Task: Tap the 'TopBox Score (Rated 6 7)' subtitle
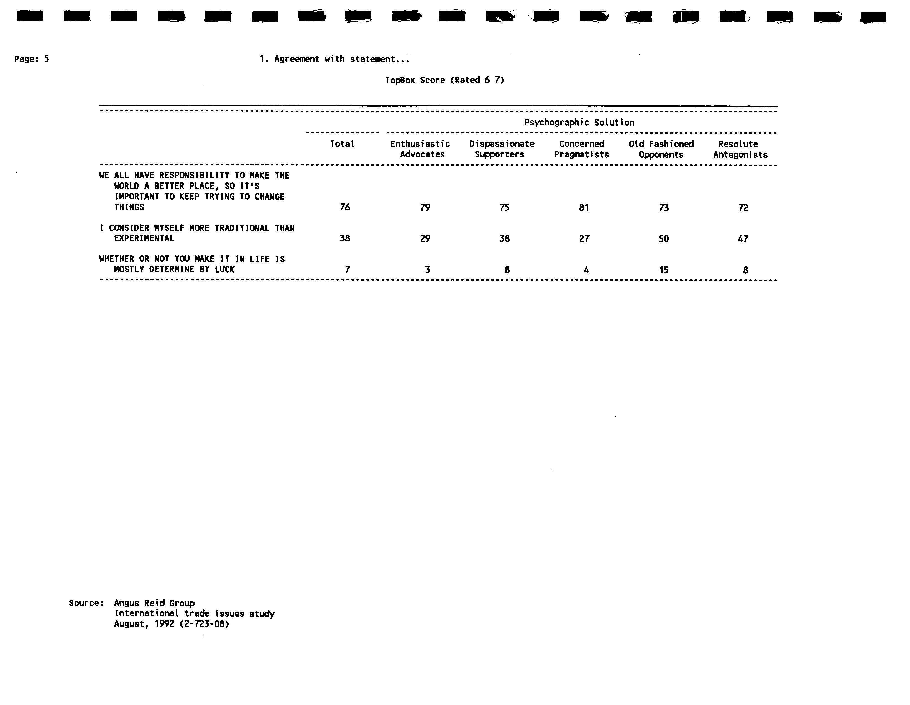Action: (x=444, y=80)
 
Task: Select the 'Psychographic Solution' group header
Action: (x=579, y=123)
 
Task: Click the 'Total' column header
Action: (x=342, y=144)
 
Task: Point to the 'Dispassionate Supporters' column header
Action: (x=502, y=149)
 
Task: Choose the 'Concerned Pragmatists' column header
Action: (x=581, y=149)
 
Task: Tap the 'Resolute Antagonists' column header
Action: (x=740, y=149)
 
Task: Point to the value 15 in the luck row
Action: (x=663, y=270)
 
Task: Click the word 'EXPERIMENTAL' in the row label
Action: (x=144, y=238)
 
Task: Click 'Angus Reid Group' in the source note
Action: (x=154, y=603)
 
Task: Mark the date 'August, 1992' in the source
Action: (x=144, y=624)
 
